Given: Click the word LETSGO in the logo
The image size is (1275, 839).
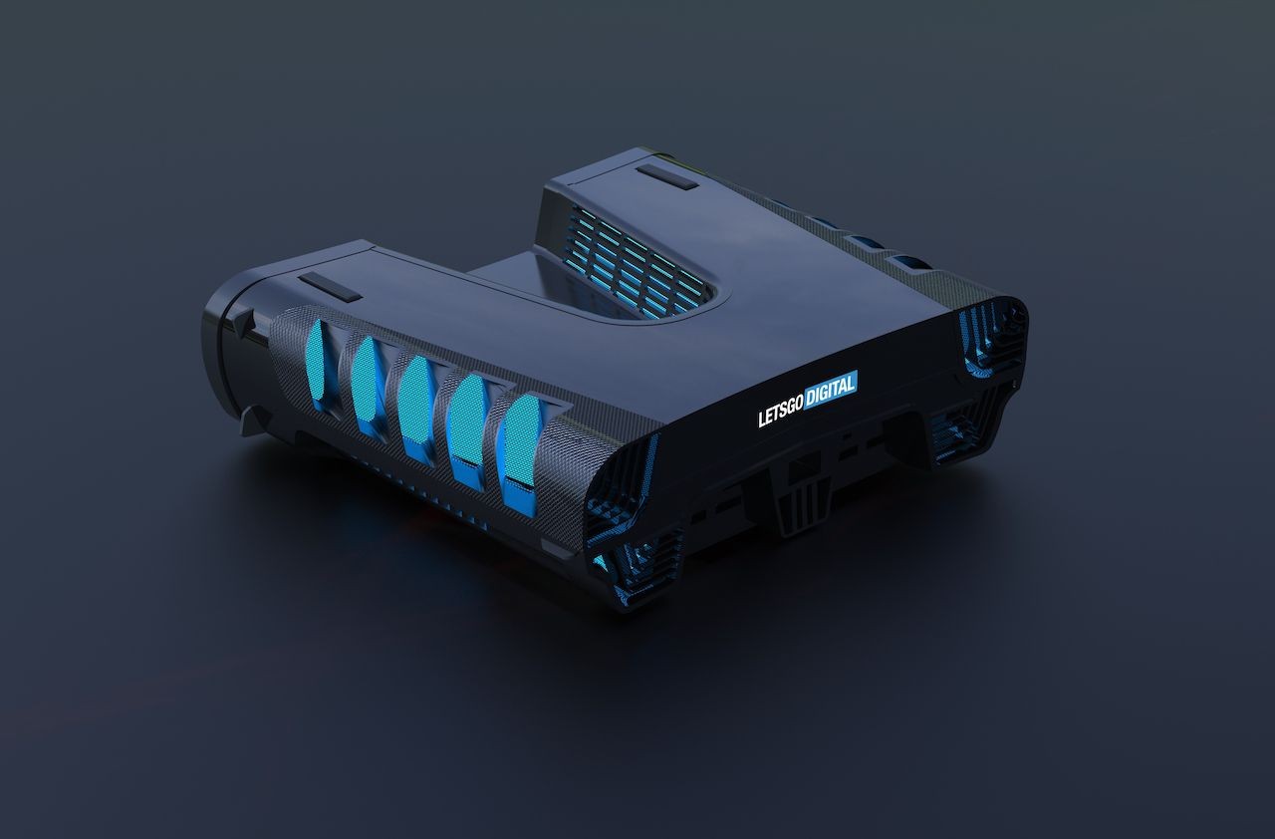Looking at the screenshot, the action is [x=780, y=411].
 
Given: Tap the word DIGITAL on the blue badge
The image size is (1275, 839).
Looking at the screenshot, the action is [x=831, y=389].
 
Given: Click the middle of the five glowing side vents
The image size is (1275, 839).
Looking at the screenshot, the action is [x=417, y=406].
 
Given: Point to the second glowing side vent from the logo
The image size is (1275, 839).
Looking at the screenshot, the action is [x=467, y=430].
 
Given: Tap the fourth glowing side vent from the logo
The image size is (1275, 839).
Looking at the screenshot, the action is [x=368, y=384].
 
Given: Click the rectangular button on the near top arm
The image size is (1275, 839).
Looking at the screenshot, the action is [x=330, y=286].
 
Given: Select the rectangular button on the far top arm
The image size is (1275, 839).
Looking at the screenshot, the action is [x=667, y=177].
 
